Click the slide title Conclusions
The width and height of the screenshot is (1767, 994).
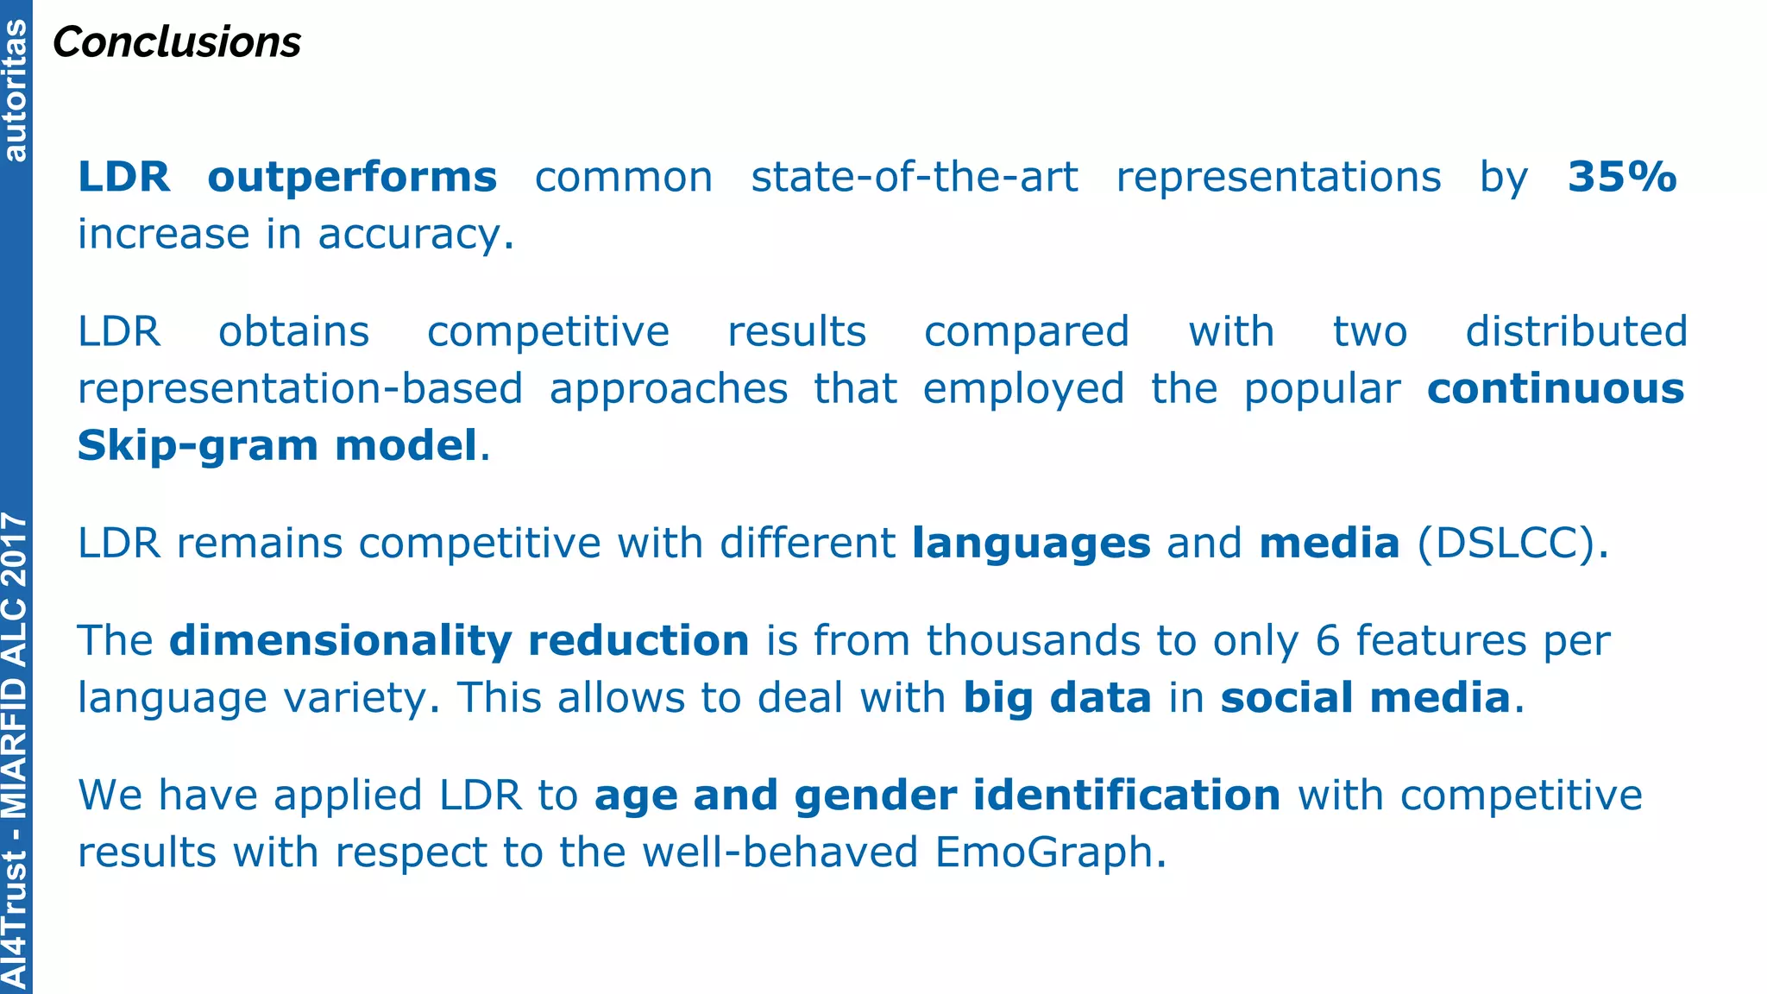pos(177,42)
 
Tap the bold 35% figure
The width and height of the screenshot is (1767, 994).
pos(1622,178)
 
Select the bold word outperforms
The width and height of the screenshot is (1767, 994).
pos(352,178)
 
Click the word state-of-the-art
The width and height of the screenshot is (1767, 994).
pos(914,178)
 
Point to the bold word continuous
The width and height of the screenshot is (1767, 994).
pos(1555,389)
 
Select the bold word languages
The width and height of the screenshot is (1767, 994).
pos(1031,544)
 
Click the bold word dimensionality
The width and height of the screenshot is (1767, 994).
pos(341,641)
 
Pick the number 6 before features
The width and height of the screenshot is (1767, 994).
pos(1328,641)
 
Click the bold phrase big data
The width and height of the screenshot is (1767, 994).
pos(1057,698)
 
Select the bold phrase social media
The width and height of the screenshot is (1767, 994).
pos(1365,698)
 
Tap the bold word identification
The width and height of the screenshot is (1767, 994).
pos(1127,796)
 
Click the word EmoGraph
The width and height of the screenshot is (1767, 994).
pos(1044,852)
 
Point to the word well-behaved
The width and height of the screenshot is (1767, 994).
pos(781,852)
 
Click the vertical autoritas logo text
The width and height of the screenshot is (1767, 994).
pos(16,91)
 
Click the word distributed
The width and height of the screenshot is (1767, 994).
pos(1576,332)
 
